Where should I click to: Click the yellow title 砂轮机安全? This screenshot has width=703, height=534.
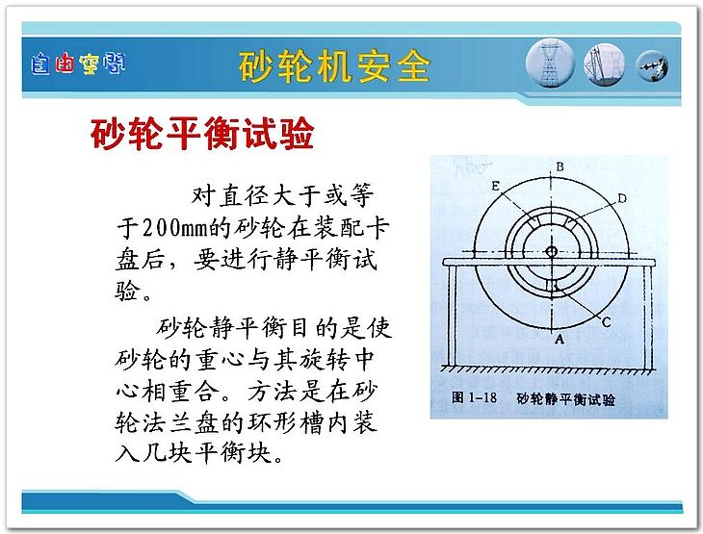pos(334,66)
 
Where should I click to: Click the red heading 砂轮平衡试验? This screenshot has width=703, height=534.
pos(202,133)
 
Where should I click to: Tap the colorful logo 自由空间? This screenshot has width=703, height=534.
pos(78,64)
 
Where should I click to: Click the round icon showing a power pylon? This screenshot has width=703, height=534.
pos(550,64)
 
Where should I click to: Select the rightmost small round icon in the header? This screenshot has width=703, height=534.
pos(653,66)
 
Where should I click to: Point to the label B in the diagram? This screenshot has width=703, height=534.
pos(560,167)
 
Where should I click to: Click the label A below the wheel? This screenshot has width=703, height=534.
pos(560,340)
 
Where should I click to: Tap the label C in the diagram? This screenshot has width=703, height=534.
pos(606,321)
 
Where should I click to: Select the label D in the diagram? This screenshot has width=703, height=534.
pos(622,198)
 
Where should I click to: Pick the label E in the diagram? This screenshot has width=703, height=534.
pos(495,186)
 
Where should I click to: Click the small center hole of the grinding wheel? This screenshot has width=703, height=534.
pos(552,251)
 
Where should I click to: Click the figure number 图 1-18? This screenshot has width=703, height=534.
pos(474,397)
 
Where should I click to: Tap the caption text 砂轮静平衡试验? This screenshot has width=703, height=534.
pos(566,398)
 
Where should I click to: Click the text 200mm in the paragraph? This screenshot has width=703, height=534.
pos(175,228)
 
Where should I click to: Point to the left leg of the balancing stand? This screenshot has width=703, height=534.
pos(452,316)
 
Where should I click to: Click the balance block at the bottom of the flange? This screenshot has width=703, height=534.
pos(553,286)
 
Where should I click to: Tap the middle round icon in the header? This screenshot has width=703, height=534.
pos(604,64)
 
